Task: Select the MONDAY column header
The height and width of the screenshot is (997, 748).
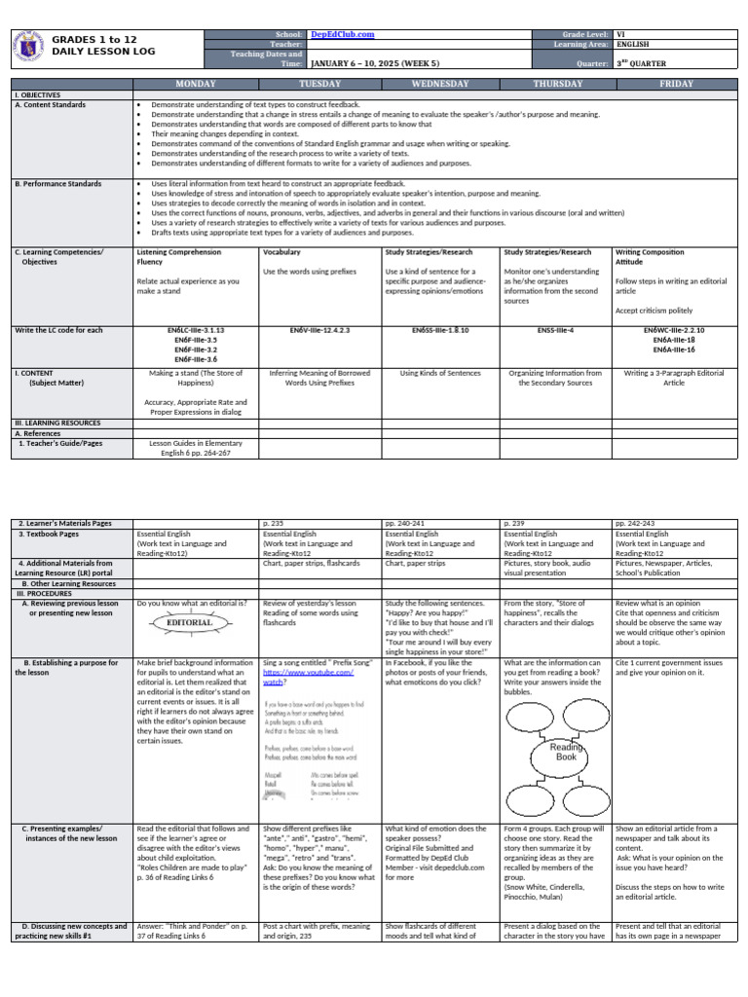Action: point(196,85)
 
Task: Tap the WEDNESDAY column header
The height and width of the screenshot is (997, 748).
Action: point(440,85)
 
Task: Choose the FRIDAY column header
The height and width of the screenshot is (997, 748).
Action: point(676,85)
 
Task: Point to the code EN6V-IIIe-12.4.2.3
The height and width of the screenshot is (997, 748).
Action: point(319,330)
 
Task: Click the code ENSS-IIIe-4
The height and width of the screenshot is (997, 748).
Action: point(555,330)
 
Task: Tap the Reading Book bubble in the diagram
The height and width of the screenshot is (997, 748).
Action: point(566,751)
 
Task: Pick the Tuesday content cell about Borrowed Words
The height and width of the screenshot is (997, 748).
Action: point(319,377)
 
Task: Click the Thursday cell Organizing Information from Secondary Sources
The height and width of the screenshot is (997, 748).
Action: point(555,377)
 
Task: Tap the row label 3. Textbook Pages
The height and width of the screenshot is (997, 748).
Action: point(53,535)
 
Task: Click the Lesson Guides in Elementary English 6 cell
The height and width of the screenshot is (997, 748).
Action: point(196,447)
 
